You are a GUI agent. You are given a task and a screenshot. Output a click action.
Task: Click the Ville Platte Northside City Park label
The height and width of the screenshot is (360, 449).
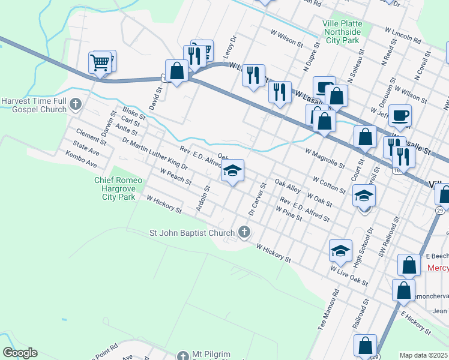[342, 32]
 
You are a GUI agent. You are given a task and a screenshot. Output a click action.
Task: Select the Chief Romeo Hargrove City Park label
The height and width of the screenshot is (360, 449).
[118, 188]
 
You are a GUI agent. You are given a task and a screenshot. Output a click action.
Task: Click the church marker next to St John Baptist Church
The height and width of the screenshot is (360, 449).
[244, 232]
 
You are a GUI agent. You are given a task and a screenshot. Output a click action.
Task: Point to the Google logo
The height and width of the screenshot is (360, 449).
[20, 353]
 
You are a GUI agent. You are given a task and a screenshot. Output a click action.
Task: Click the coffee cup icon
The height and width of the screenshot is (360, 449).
[400, 115]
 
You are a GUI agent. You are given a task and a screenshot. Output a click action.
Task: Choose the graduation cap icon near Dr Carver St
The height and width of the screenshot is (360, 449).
[232, 170]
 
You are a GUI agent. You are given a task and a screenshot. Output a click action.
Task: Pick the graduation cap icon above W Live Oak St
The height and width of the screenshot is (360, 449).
[340, 250]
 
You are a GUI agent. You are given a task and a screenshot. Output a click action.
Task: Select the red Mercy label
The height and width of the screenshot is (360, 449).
[438, 266]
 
